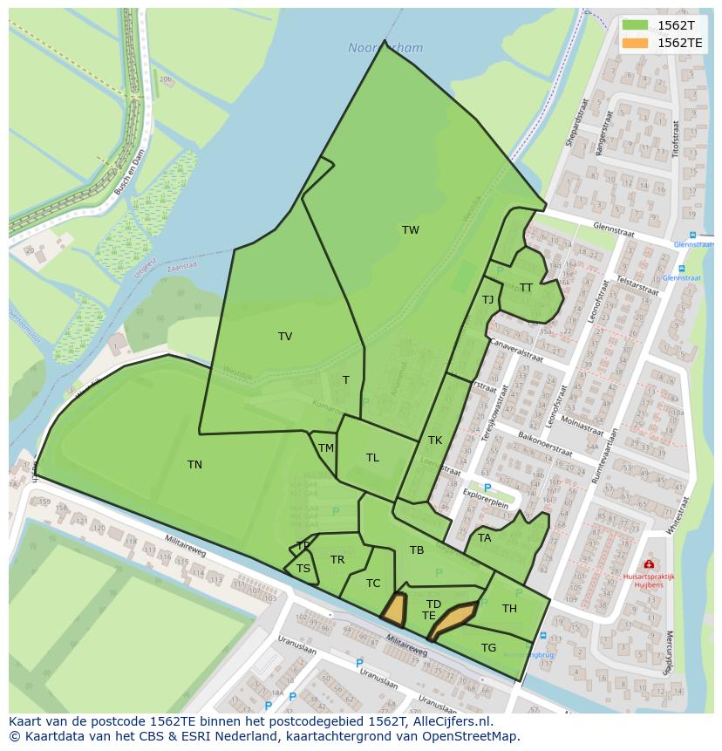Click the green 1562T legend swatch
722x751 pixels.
pyautogui.click(x=635, y=25)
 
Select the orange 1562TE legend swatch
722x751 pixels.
pyautogui.click(x=635, y=43)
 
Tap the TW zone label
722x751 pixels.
pyautogui.click(x=411, y=230)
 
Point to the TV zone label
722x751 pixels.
pyautogui.click(x=285, y=337)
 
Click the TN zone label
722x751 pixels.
pyautogui.click(x=194, y=465)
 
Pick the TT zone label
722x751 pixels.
pyautogui.click(x=526, y=288)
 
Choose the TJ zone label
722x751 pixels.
pyautogui.click(x=487, y=300)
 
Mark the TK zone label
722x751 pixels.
pyautogui.click(x=435, y=440)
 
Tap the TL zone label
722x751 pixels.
pyautogui.click(x=372, y=458)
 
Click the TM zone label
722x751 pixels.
pyautogui.click(x=326, y=448)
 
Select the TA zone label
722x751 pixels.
pyautogui.click(x=485, y=538)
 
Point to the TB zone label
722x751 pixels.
pyautogui.click(x=417, y=550)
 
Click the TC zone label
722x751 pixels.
pyautogui.click(x=373, y=584)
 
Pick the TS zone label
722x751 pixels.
pyautogui.click(x=303, y=569)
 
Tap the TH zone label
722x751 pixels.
pyautogui.click(x=509, y=609)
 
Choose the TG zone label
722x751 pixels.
pyautogui.click(x=488, y=648)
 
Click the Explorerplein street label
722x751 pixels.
pyautogui.click(x=486, y=504)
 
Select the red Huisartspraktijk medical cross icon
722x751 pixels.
pyautogui.click(x=648, y=565)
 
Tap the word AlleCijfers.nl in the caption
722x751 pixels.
pyautogui.click(x=453, y=721)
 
